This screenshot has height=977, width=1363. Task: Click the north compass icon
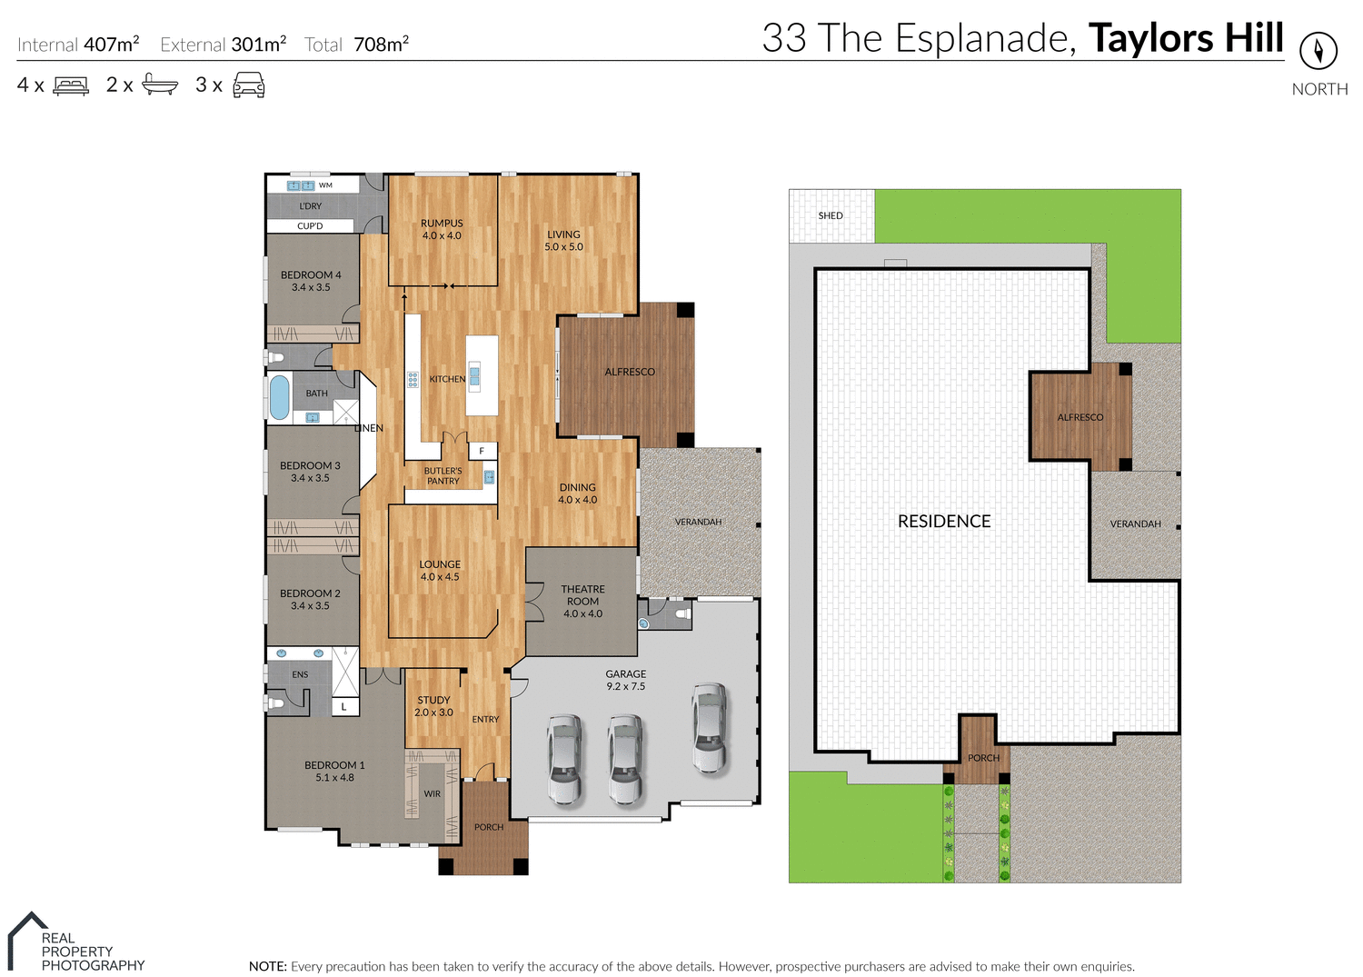(x=1318, y=50)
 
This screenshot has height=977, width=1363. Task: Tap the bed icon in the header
(x=71, y=85)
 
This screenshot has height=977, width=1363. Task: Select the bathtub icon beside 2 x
(x=160, y=85)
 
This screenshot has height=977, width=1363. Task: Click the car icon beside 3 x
(x=249, y=85)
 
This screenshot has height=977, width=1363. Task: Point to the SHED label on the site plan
(x=831, y=215)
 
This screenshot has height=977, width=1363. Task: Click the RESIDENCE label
(x=944, y=521)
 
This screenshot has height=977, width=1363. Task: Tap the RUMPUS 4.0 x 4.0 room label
(x=442, y=229)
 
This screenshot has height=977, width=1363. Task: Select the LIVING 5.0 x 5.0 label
(x=563, y=240)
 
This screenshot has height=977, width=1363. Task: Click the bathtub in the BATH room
(x=279, y=397)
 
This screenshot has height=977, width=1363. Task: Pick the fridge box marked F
(x=483, y=451)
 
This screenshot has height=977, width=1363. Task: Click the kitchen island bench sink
(x=474, y=376)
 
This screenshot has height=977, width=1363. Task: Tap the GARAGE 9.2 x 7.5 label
(x=625, y=680)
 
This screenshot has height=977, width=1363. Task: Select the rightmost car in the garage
(x=709, y=728)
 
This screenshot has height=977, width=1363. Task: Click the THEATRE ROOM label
(x=582, y=601)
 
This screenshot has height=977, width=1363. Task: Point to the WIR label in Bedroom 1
(x=433, y=793)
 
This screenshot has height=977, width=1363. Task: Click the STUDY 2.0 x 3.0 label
(x=433, y=706)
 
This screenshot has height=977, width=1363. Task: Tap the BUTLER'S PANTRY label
(x=443, y=475)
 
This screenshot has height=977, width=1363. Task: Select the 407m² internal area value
(x=111, y=44)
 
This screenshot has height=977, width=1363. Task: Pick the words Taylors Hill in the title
(x=1186, y=38)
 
